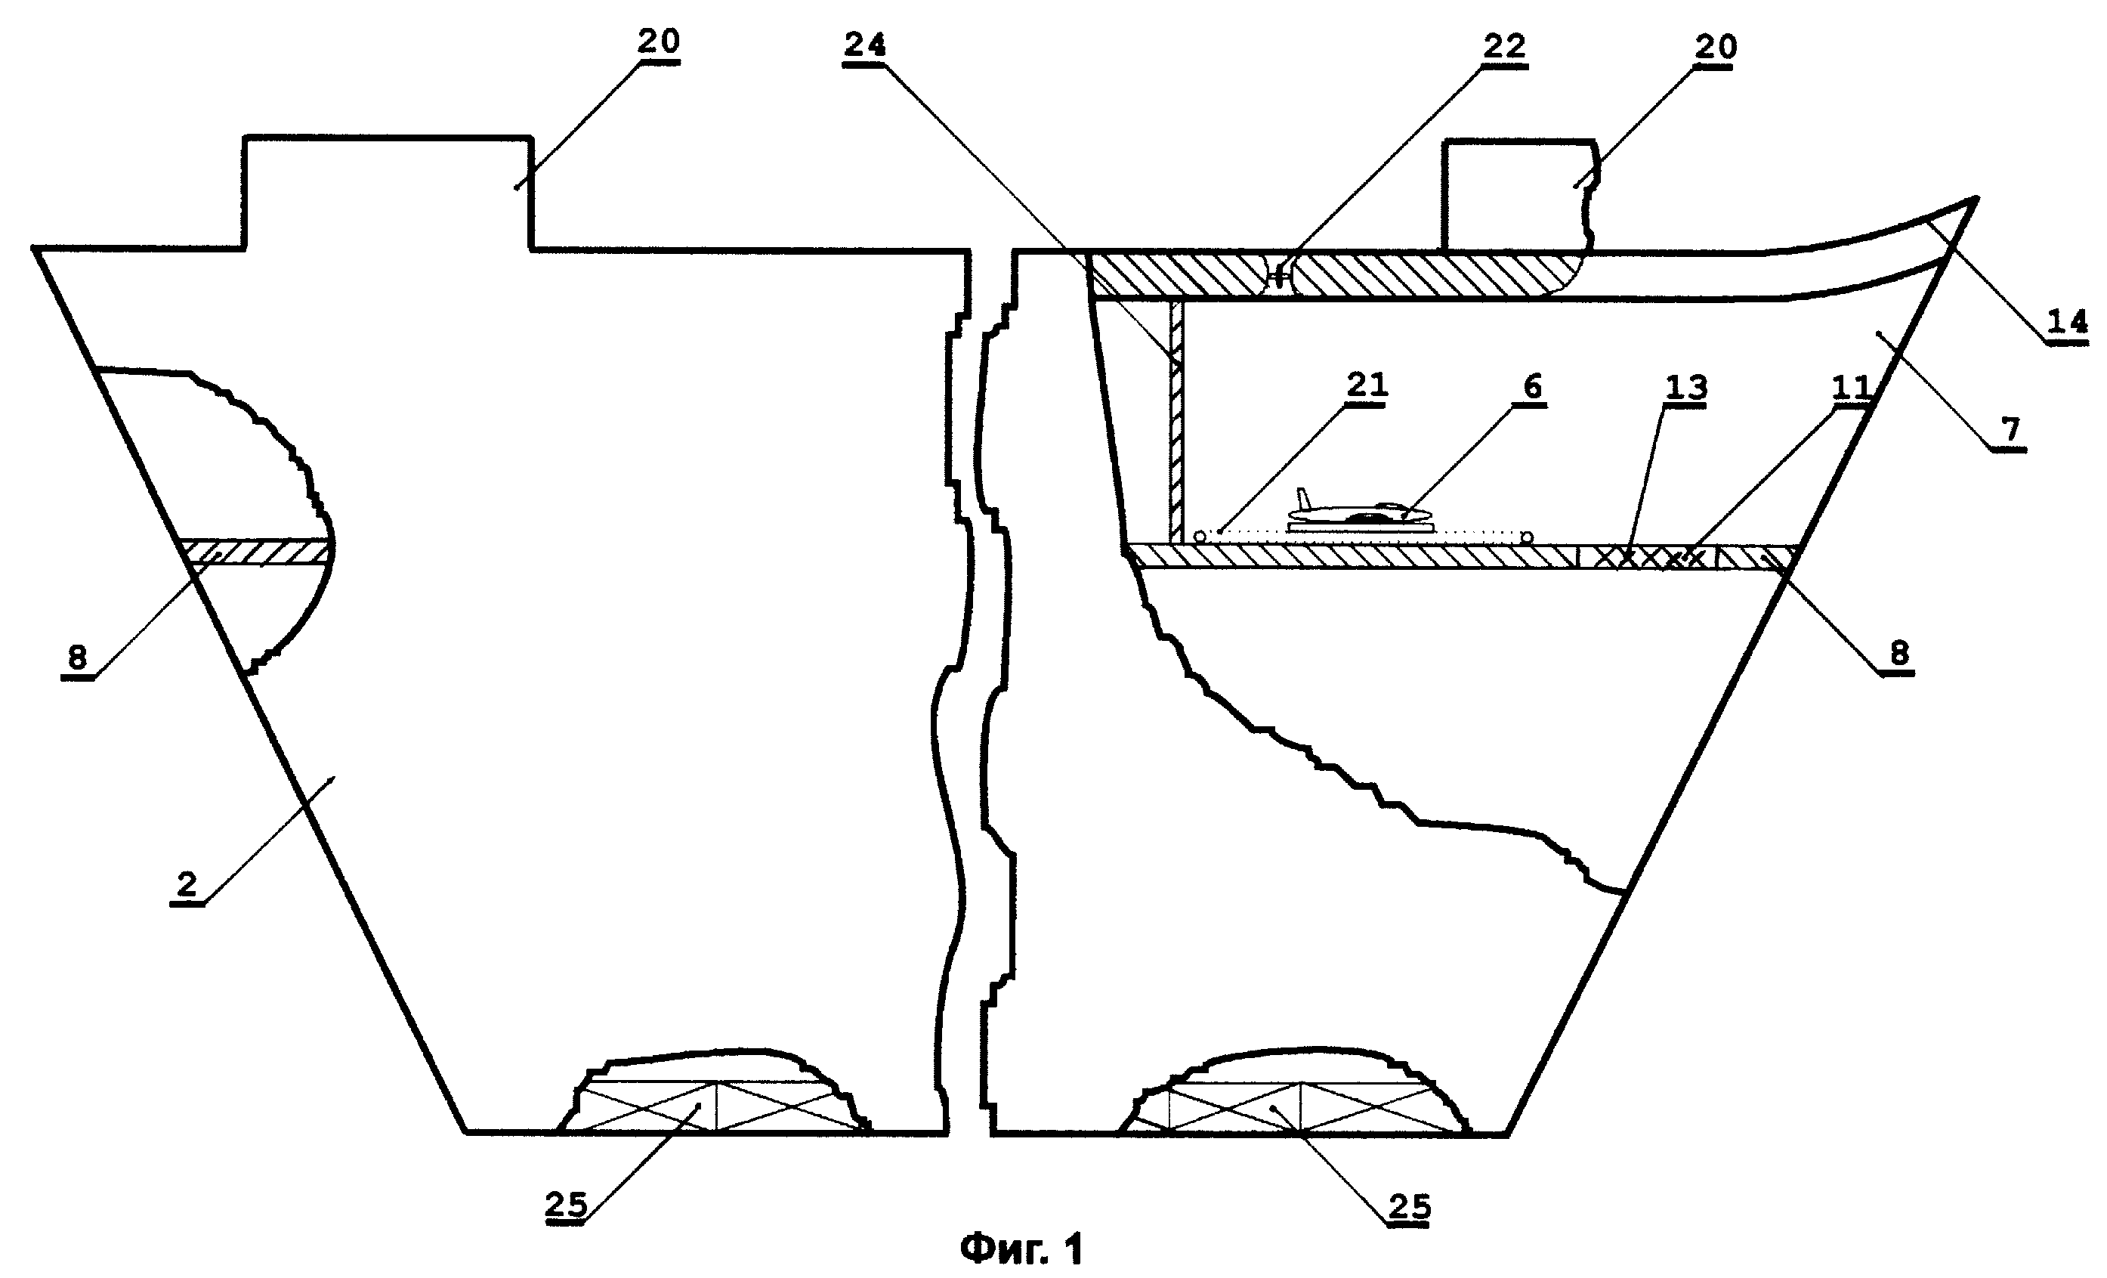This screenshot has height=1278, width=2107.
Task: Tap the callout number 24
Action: (864, 45)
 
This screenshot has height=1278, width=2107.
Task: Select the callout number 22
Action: (1504, 47)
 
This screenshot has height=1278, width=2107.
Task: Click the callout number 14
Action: (2068, 323)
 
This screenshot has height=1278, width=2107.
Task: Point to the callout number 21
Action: (1367, 385)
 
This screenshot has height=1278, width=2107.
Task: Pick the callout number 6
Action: (1532, 387)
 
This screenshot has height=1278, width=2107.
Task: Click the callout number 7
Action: (2010, 429)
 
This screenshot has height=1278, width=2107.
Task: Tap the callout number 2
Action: (187, 884)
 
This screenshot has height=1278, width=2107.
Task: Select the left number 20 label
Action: (659, 41)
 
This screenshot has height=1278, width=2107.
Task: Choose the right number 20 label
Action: (1716, 47)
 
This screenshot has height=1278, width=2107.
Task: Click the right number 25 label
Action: (1409, 1206)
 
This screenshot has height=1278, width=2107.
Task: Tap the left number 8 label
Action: (77, 657)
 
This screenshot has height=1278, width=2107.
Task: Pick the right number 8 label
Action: (1898, 654)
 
